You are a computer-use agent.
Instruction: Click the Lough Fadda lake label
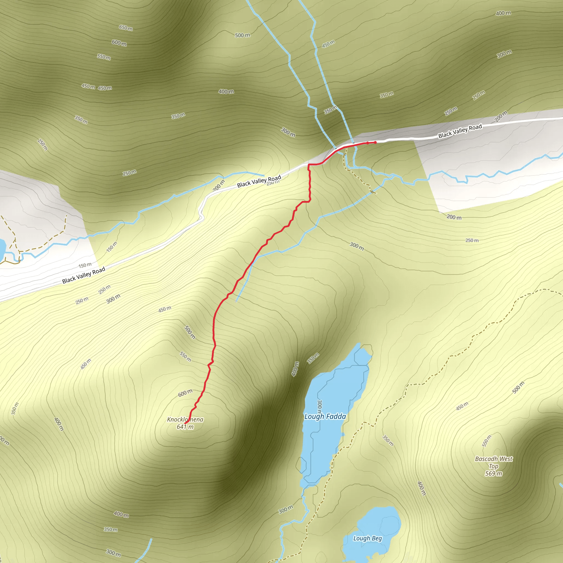325,416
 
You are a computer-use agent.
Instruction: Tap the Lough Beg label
367,538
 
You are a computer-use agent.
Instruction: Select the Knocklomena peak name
185,419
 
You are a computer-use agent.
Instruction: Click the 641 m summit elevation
185,427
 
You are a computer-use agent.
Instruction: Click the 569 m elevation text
494,473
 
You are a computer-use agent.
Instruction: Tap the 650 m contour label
126,28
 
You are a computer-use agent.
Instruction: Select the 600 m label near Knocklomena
185,393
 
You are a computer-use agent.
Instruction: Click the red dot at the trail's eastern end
375,142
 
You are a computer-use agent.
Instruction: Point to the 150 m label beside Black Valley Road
85,265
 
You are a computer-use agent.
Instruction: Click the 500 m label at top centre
242,35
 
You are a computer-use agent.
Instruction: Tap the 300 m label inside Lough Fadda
320,407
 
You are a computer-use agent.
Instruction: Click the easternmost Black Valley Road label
460,131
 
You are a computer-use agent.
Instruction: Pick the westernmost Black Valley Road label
84,275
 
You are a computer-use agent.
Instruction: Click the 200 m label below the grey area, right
454,217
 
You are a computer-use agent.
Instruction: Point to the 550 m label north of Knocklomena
185,357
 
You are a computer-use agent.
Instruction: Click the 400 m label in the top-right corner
503,13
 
